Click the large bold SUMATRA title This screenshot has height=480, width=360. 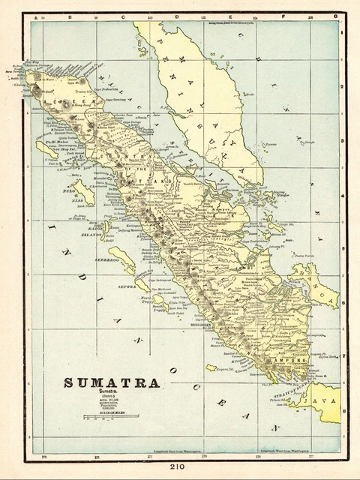111,382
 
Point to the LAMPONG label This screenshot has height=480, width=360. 291,360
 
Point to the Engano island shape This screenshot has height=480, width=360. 211,367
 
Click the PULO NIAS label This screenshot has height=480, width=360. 72,195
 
